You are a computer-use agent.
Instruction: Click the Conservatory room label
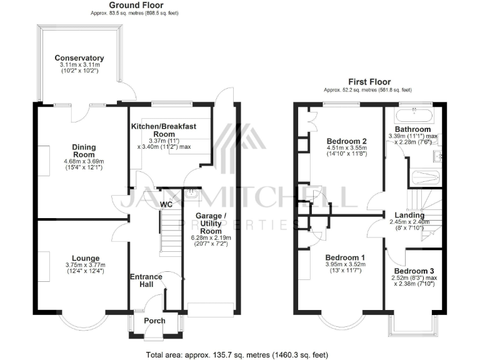[79, 58]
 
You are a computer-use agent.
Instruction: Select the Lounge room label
[86, 257]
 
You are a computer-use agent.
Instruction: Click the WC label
[167, 204]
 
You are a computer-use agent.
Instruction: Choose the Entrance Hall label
[146, 281]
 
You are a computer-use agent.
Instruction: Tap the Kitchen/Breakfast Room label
[163, 130]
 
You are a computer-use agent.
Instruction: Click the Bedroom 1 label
[345, 257]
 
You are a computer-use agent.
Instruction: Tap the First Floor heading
[369, 81]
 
